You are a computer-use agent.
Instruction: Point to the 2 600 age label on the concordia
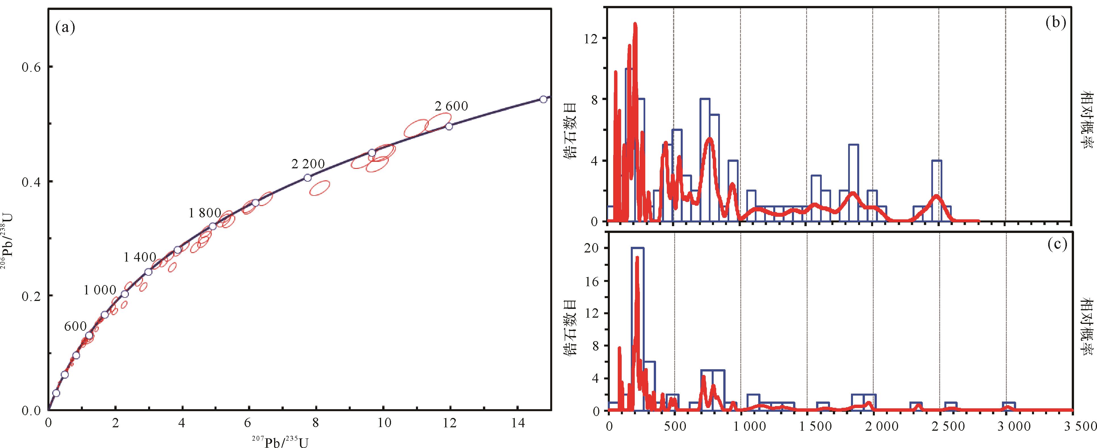click(x=451, y=106)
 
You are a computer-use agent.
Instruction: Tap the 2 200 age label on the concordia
click(x=308, y=164)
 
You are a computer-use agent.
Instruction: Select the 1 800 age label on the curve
click(x=205, y=213)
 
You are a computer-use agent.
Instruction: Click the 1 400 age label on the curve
click(x=140, y=257)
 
